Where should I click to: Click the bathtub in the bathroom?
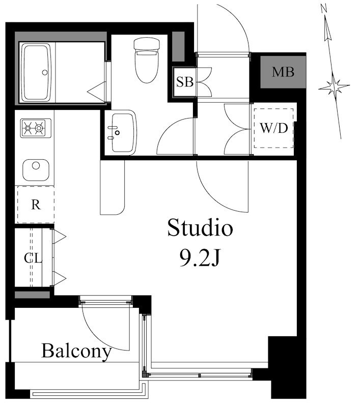pyautogui.click(x=36, y=72)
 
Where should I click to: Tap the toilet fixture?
pyautogui.click(x=147, y=60)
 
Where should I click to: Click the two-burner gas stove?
pyautogui.click(x=36, y=128)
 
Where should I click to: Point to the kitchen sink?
pyautogui.click(x=36, y=170)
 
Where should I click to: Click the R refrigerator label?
pyautogui.click(x=36, y=205)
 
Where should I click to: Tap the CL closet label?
pyautogui.click(x=33, y=258)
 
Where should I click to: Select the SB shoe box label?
pyautogui.click(x=185, y=82)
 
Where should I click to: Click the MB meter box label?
pyautogui.click(x=283, y=72)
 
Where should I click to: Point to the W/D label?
pyautogui.click(x=274, y=128)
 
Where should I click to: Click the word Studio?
pyautogui.click(x=200, y=227)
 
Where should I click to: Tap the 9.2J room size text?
pyautogui.click(x=200, y=258)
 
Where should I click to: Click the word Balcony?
pyautogui.click(x=76, y=351)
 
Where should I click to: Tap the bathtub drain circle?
pyautogui.click(x=45, y=72)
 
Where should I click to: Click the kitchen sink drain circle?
pyautogui.click(x=36, y=165)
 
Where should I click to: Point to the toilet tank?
pyautogui.click(x=147, y=44)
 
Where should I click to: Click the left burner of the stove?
pyautogui.click(x=28, y=128)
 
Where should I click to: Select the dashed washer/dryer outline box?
pyautogui.click(x=274, y=128)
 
